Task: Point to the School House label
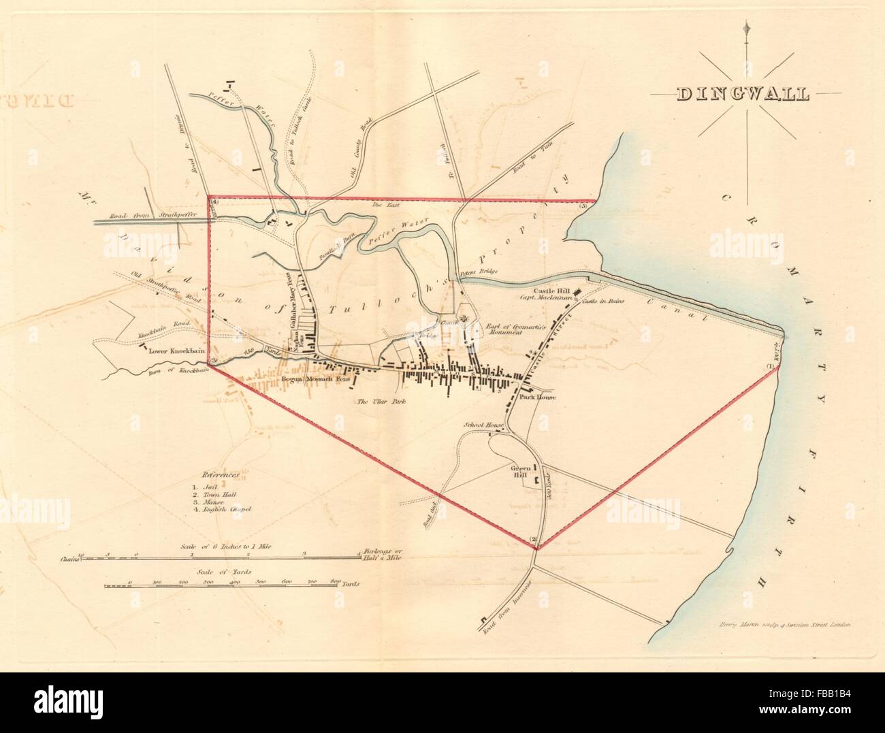[483, 425]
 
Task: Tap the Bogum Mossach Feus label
[313, 380]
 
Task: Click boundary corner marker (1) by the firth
[771, 368]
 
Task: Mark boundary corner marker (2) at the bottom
[534, 542]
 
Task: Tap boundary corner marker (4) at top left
[215, 202]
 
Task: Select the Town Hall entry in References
[217, 495]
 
